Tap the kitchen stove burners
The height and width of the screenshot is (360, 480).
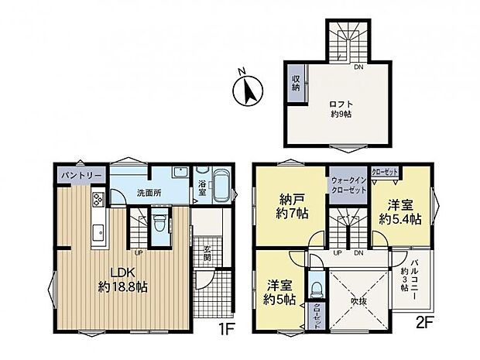100,201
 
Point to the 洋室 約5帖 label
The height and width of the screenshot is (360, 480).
279,290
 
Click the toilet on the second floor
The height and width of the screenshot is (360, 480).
317,288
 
